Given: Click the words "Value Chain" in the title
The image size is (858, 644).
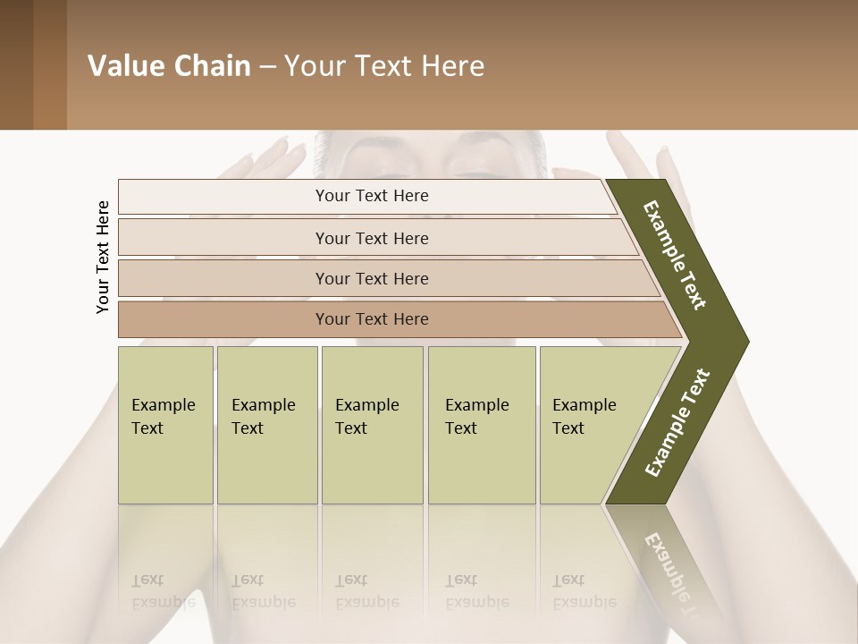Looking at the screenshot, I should pyautogui.click(x=169, y=66).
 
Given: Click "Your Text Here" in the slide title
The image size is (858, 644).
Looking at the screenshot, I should pyautogui.click(x=384, y=66).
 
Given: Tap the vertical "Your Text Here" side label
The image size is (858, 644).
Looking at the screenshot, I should pyautogui.click(x=104, y=257).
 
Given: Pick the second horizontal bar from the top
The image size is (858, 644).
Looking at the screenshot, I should pyautogui.click(x=372, y=238).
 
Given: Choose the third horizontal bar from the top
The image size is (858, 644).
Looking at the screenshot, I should pyautogui.click(x=372, y=278).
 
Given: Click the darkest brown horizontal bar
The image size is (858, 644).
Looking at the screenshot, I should pyautogui.click(x=372, y=319).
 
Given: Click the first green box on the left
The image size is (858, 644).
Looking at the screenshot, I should pyautogui.click(x=165, y=425).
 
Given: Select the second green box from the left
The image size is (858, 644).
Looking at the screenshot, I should pyautogui.click(x=266, y=425).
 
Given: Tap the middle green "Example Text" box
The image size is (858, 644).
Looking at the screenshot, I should pyautogui.click(x=372, y=425).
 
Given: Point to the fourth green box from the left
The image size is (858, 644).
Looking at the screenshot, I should pyautogui.click(x=481, y=425).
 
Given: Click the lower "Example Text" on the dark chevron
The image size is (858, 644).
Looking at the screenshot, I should pyautogui.click(x=677, y=422).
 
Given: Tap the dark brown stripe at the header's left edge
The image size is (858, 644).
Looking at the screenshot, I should pyautogui.click(x=17, y=64).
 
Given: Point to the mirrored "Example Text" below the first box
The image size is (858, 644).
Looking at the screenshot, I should pyautogui.click(x=164, y=590).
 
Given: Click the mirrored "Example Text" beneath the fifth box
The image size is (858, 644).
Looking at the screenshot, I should pyautogui.click(x=584, y=590).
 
